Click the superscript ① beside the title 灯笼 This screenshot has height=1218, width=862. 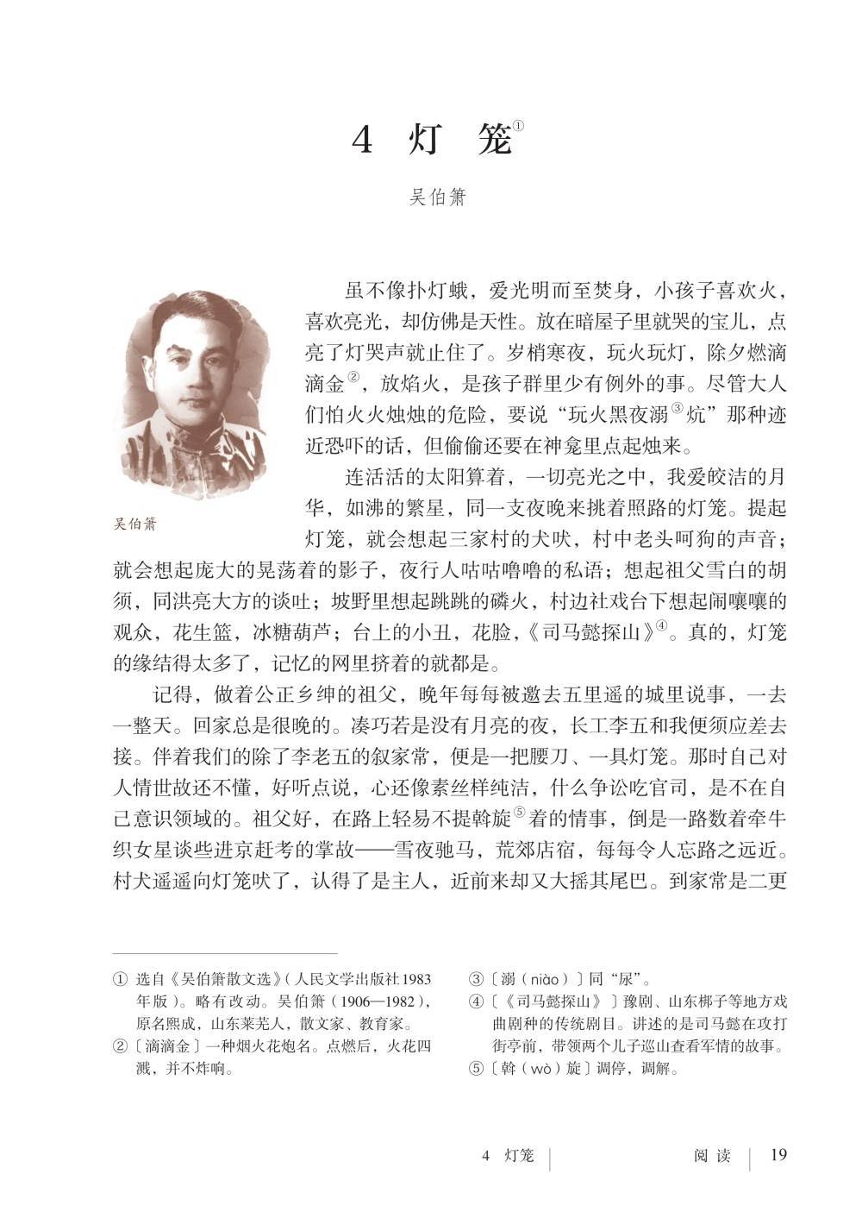coord(518,126)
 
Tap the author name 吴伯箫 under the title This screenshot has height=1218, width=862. coord(437,198)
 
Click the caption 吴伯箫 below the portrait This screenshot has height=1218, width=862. coord(135,523)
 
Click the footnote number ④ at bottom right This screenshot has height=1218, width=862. coord(476,1002)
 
